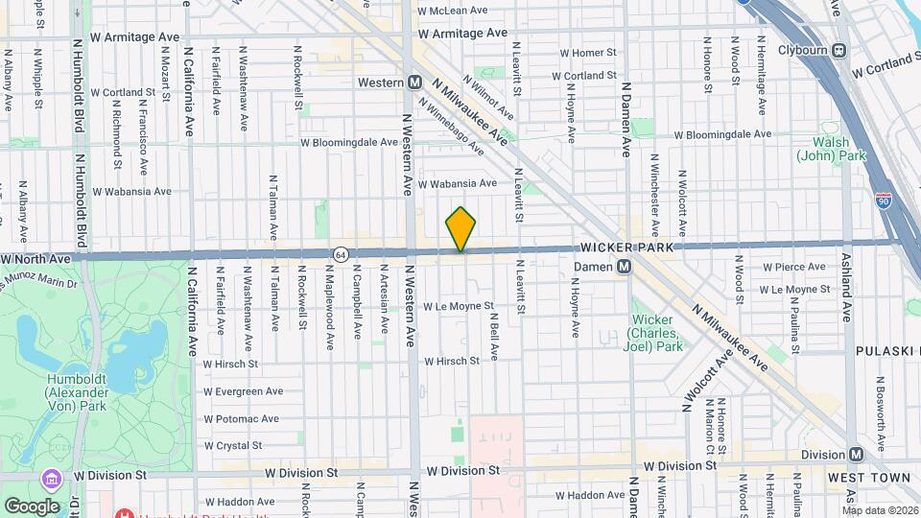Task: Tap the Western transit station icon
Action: pyautogui.click(x=414, y=82)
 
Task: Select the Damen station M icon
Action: pyautogui.click(x=624, y=266)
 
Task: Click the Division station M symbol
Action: pyautogui.click(x=856, y=454)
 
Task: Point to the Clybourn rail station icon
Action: pyautogui.click(x=839, y=50)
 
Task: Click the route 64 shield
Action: pyautogui.click(x=341, y=253)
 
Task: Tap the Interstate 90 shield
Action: pyautogui.click(x=883, y=200)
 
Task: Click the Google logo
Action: pyautogui.click(x=31, y=506)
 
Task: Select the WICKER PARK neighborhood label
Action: pyautogui.click(x=628, y=247)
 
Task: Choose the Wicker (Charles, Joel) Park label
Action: pyautogui.click(x=656, y=333)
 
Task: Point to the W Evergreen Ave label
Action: pyautogui.click(x=243, y=391)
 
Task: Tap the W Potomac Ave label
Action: pyautogui.click(x=241, y=419)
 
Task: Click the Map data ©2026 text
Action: pyautogui.click(x=880, y=510)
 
